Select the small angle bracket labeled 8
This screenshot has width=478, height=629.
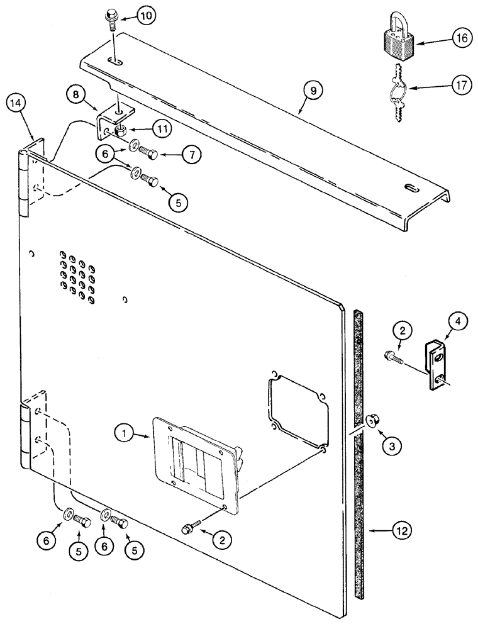coord(114,122)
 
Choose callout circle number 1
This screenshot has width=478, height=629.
coord(126,433)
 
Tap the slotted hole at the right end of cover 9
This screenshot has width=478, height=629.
coord(410,187)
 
